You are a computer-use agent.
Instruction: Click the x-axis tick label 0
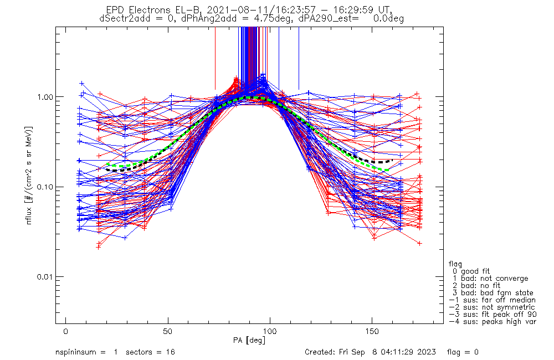click(66, 331)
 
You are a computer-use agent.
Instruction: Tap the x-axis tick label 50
click(168, 331)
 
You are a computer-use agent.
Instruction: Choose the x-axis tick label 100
click(270, 331)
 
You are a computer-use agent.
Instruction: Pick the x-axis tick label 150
click(372, 331)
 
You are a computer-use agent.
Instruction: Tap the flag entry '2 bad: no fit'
click(477, 286)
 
